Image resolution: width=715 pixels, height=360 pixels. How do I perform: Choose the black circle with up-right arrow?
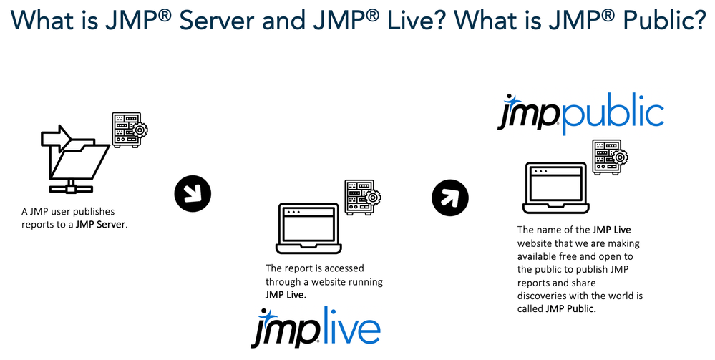coord(450,193)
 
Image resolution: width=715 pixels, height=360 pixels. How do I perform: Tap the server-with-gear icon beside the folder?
coord(128,130)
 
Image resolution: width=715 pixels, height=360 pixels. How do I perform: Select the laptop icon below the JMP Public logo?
coord(556,188)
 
